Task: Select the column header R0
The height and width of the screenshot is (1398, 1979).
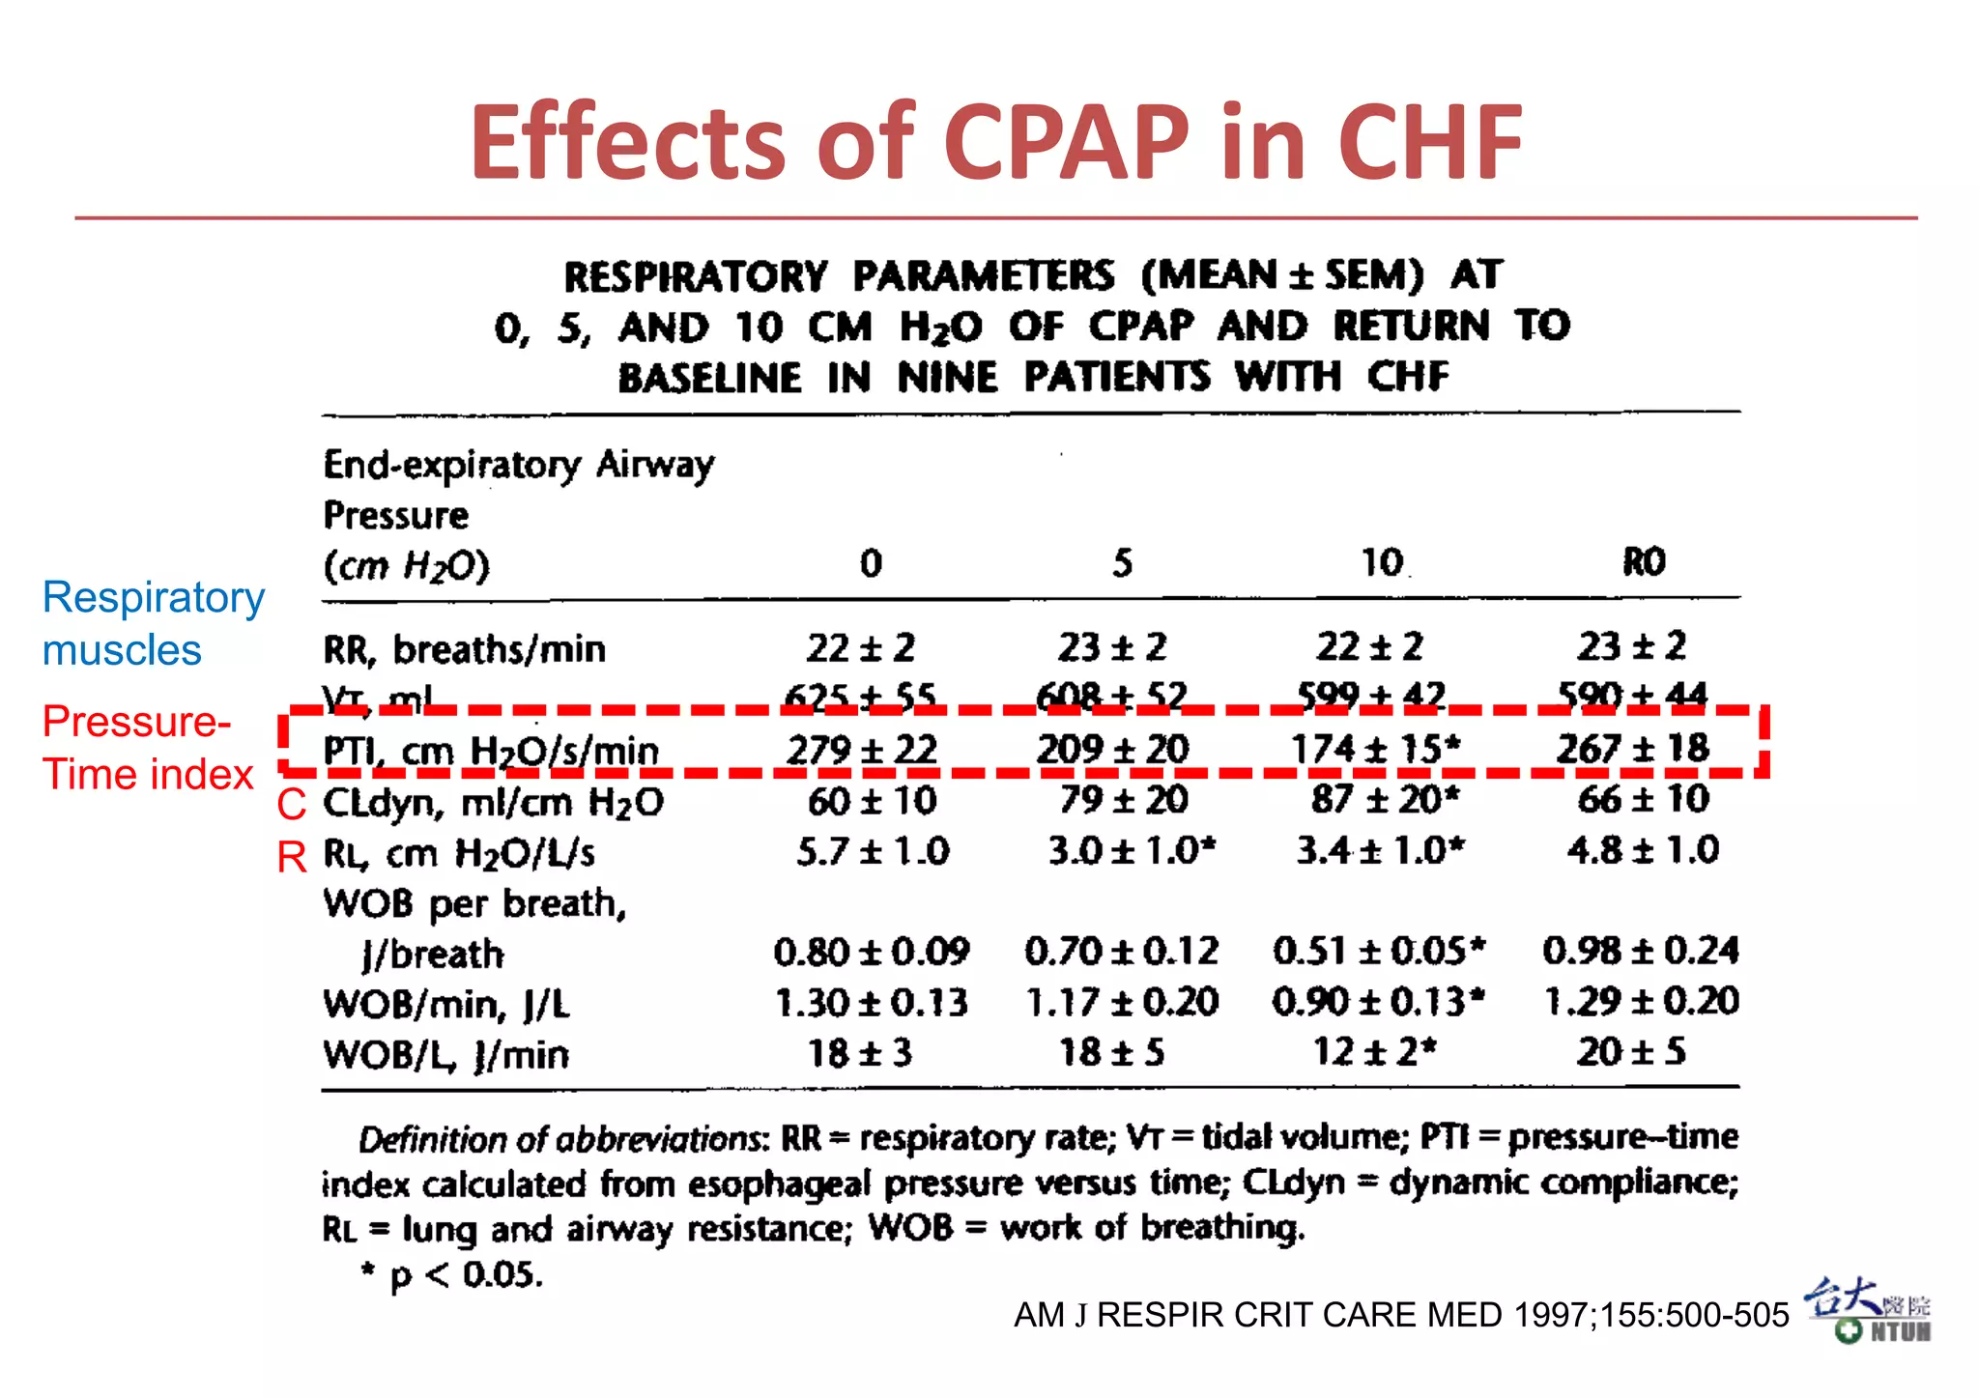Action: tap(1643, 561)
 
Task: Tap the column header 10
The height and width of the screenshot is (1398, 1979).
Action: tap(1382, 562)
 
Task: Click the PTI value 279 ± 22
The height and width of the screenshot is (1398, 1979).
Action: tap(862, 750)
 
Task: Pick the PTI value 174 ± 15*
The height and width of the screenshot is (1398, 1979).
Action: tap(1375, 749)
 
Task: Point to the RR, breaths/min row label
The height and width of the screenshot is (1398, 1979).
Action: tap(465, 649)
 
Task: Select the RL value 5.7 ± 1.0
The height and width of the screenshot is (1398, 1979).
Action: tap(873, 851)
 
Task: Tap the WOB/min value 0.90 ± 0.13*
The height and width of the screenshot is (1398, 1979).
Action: tap(1377, 1002)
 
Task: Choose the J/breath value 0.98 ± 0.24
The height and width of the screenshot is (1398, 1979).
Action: tap(1640, 951)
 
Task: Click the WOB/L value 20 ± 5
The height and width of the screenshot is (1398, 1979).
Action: tap(1631, 1051)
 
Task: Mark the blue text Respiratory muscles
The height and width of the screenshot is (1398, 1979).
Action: tap(152, 623)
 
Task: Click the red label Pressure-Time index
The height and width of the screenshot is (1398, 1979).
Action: tap(147, 748)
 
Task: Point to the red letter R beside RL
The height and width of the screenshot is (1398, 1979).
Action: tap(292, 857)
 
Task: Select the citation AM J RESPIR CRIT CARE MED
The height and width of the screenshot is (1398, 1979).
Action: tap(1400, 1315)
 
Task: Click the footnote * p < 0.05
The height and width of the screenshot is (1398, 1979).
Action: tap(451, 1274)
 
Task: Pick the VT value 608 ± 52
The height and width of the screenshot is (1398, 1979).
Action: tap(1111, 695)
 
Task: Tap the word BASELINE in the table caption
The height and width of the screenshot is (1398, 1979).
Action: tap(710, 377)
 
